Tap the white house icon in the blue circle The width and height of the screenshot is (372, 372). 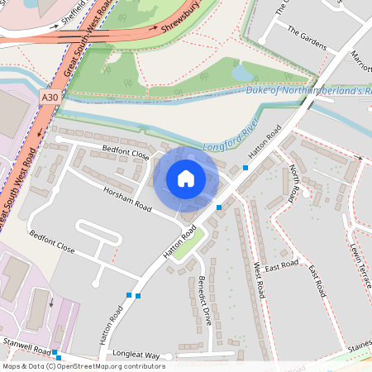[x=186, y=178]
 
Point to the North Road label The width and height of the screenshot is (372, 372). [x=295, y=184]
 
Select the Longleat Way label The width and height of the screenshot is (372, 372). [x=136, y=355]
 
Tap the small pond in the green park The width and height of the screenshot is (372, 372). [x=241, y=74]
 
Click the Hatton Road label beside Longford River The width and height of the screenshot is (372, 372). [x=266, y=142]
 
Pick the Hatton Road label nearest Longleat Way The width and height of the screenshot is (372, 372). [x=108, y=325]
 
